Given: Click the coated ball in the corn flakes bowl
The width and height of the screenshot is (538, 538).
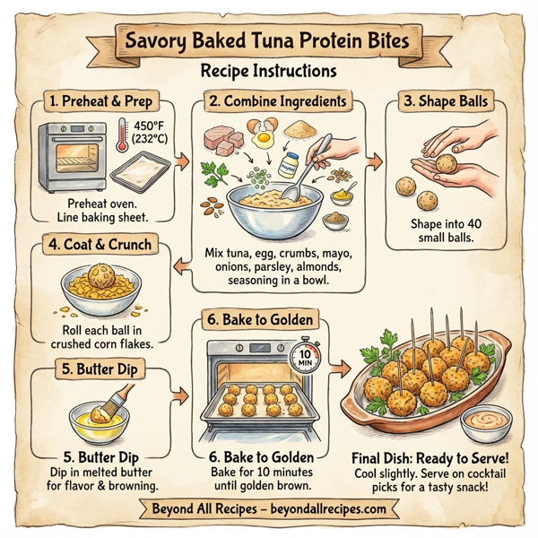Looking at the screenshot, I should [97, 273].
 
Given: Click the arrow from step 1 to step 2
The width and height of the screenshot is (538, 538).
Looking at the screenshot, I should [180, 160].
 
